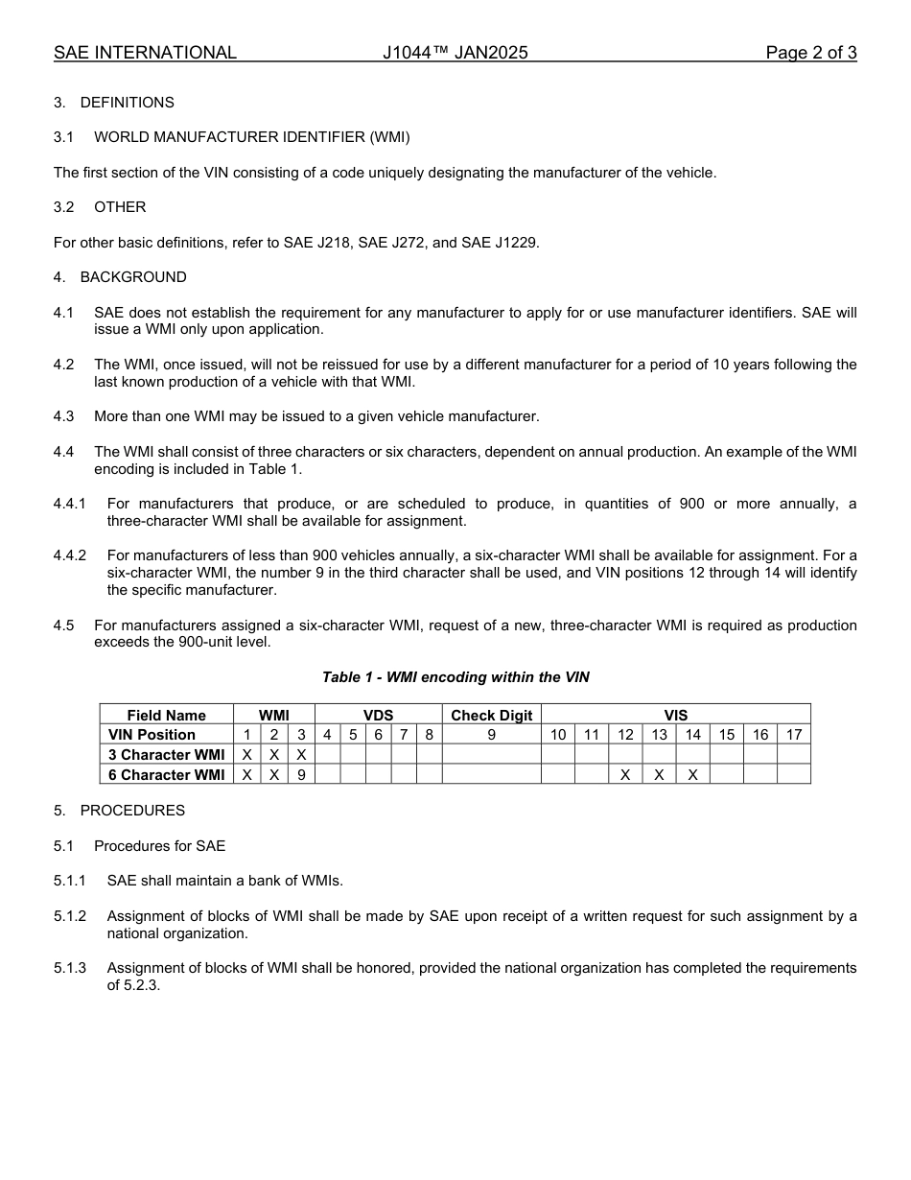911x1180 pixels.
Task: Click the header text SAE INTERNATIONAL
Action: [145, 53]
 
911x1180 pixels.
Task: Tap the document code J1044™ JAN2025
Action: [455, 53]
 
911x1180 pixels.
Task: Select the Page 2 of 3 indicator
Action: [810, 53]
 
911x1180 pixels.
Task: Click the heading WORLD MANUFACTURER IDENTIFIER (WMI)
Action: [251, 137]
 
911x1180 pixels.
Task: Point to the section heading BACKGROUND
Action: [133, 277]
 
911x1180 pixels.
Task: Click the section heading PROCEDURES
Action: [132, 811]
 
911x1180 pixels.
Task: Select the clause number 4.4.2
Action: [70, 555]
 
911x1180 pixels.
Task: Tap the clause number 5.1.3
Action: [70, 968]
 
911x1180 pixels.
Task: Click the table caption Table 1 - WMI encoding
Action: [455, 677]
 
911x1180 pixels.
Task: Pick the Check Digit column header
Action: [491, 716]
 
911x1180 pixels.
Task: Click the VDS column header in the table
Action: [378, 716]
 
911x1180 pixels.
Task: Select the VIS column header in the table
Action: [675, 716]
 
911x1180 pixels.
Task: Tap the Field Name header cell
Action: [166, 716]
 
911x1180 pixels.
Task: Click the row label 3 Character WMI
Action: [166, 755]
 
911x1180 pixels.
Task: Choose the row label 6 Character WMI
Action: [166, 775]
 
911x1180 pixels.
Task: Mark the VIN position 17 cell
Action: [793, 735]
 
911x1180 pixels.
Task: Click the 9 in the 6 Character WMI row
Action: [301, 775]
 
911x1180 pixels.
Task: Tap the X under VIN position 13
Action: [659, 775]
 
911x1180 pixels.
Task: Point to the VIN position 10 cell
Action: [558, 735]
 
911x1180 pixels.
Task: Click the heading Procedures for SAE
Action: [159, 846]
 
